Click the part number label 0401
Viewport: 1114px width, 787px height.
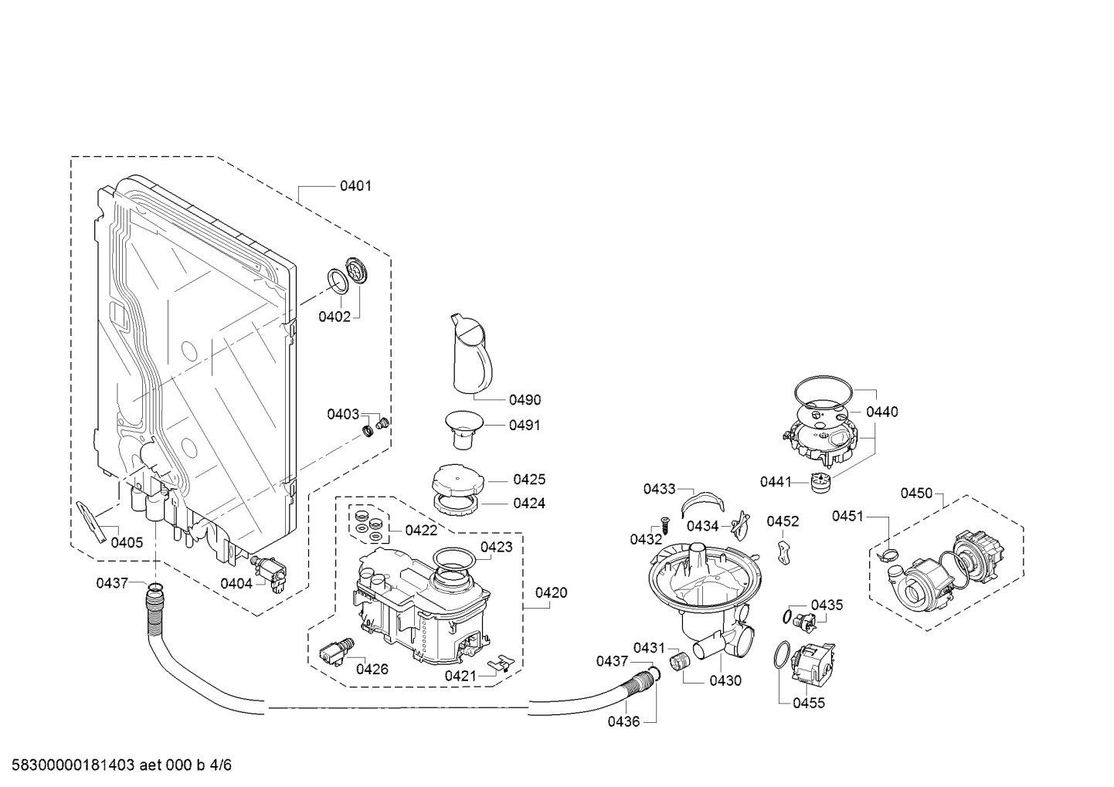coord(355,186)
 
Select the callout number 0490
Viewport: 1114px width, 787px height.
coord(525,400)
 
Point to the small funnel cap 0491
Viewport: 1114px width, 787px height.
coord(464,427)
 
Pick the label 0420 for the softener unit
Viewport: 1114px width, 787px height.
coord(551,593)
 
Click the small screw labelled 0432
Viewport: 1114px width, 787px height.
coord(662,522)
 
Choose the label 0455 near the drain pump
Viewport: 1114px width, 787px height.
coord(809,703)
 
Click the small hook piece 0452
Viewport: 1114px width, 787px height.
coord(783,551)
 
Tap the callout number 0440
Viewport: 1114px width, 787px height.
coord(881,412)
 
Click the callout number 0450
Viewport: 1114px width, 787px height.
coord(916,494)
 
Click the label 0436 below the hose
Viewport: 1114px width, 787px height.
coord(623,721)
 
